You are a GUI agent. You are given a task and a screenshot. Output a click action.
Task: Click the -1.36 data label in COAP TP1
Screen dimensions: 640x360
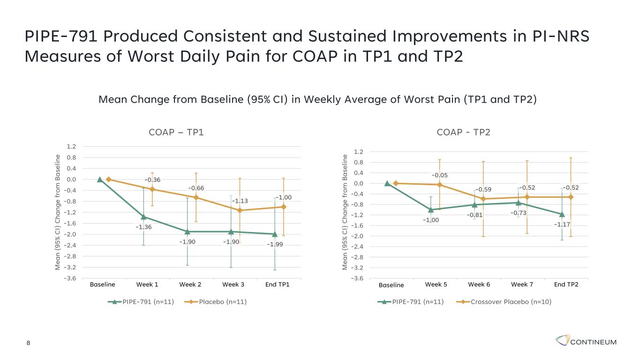coord(143,227)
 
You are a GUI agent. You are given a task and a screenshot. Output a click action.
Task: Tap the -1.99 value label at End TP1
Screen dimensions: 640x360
coord(275,244)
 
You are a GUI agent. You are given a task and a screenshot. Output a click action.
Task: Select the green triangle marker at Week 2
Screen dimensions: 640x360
coord(188,232)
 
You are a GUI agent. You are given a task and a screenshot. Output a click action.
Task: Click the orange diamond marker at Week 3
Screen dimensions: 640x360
coord(240,210)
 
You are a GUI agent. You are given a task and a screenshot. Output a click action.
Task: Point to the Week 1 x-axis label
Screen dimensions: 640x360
coord(147,285)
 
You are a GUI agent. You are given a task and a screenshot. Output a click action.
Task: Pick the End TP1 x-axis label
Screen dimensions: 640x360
coord(277,285)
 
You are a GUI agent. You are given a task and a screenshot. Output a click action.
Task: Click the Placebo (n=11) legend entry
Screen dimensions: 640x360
coord(216,302)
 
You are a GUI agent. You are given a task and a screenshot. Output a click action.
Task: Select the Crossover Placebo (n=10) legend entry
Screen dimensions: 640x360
coord(504,302)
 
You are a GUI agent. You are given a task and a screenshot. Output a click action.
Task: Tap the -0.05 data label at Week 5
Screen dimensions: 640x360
coord(439,175)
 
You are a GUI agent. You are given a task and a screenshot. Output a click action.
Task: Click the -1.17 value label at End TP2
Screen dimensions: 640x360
coord(562,225)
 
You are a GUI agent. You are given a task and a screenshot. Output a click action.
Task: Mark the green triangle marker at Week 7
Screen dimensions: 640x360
coord(518,203)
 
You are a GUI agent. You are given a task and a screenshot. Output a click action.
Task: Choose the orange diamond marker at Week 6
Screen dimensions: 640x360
coord(483,199)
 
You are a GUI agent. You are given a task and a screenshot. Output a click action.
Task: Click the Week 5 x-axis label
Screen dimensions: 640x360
coord(436,285)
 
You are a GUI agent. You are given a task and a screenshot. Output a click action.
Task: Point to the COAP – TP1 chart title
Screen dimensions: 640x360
coord(176,132)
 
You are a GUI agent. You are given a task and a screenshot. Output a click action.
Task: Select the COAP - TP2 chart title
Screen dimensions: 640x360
coord(463,132)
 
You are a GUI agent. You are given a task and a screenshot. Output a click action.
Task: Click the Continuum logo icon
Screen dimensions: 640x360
coord(563,340)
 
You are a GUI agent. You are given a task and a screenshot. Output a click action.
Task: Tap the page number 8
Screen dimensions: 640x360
coord(28,343)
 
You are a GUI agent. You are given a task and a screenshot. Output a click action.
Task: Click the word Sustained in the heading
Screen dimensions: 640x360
coord(347,36)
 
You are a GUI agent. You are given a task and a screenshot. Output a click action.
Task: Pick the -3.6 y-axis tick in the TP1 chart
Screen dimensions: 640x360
coord(70,278)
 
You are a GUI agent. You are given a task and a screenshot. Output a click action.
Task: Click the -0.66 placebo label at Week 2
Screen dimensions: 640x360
coord(196,188)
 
